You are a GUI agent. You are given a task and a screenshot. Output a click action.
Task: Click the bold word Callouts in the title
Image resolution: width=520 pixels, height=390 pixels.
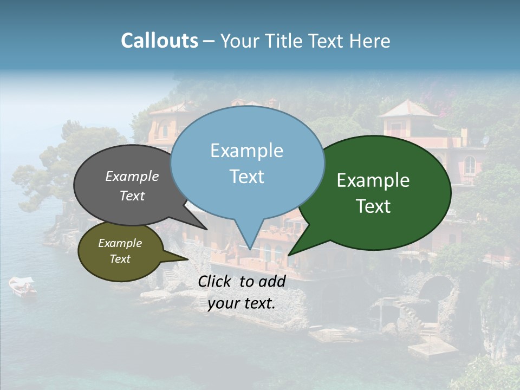click(159, 41)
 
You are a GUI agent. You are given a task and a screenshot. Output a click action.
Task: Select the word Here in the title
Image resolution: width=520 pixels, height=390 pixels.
click(368, 41)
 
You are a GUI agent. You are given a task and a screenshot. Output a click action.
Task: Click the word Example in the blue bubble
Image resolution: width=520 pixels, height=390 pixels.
click(246, 151)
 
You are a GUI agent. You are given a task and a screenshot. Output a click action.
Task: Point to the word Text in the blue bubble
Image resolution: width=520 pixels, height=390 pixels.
click(246, 177)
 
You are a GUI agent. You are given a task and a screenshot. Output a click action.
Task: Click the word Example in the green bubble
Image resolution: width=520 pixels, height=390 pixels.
click(373, 180)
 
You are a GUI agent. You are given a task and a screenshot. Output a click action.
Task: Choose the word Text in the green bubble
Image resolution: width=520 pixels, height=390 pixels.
click(373, 206)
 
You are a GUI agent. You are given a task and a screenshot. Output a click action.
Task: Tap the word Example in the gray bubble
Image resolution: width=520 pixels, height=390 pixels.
click(132, 176)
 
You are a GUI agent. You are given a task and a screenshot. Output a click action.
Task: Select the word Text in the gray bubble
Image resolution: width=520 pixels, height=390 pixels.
click(132, 196)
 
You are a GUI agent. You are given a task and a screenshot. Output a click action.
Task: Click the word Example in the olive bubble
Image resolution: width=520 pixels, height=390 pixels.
click(120, 243)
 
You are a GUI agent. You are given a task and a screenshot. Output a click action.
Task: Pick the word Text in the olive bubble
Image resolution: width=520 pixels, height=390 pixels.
click(120, 259)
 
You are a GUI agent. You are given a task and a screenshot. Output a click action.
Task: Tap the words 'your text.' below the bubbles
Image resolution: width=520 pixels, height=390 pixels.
click(241, 304)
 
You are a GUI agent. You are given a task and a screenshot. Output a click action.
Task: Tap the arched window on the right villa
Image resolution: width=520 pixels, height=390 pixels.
click(469, 165)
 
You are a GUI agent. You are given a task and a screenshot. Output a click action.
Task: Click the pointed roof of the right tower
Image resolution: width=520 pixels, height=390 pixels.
click(407, 108)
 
